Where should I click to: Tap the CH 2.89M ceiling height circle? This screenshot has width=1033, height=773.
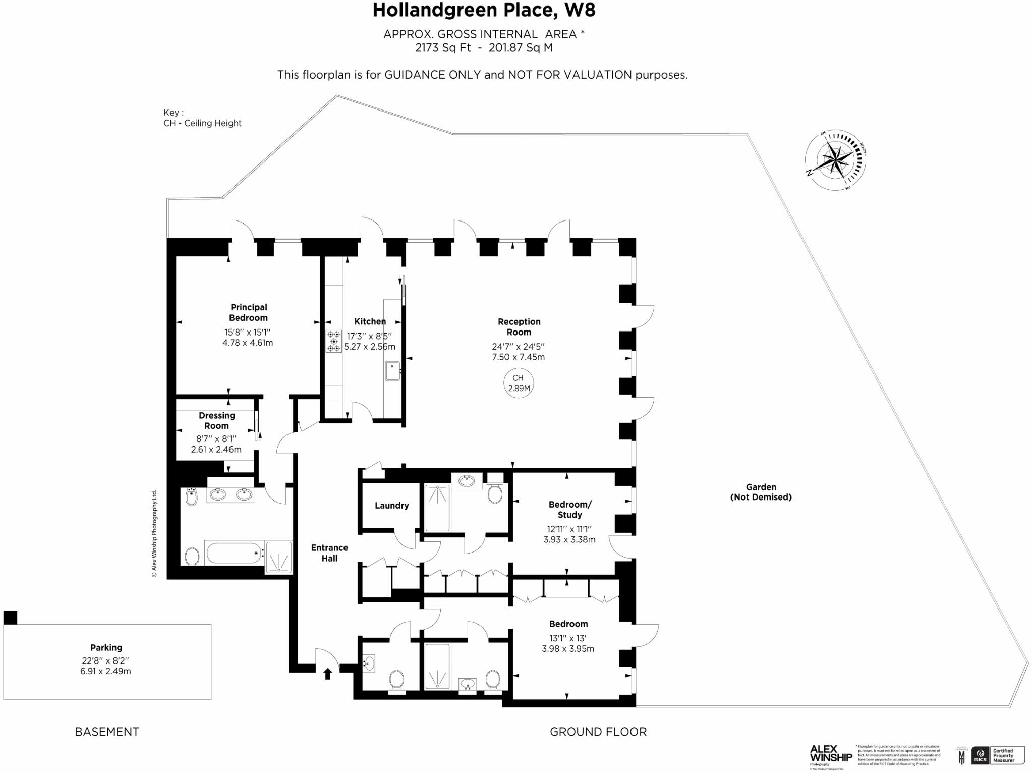518,383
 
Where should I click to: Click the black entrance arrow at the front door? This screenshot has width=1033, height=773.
327,673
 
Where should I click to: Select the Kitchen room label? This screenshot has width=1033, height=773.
370,321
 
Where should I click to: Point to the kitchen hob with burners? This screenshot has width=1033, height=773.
333,341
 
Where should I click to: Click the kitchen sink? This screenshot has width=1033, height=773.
392,371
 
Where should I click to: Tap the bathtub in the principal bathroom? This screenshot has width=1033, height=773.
234,553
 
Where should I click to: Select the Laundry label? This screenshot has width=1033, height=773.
391,505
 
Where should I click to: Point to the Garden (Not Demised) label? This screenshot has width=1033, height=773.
761,492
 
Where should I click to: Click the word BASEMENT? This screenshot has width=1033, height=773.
107,732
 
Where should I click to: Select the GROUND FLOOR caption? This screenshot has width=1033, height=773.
598,732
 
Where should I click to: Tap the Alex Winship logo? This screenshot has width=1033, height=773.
830,754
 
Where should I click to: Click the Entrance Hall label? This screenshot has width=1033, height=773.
329,553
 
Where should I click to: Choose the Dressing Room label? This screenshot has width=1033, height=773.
216,420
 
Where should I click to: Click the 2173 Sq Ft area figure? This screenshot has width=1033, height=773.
443,48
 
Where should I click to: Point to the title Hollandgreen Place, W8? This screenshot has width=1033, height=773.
484,11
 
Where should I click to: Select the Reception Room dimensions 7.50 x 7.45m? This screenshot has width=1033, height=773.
518,357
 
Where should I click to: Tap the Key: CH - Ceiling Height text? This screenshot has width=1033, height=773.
202,118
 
